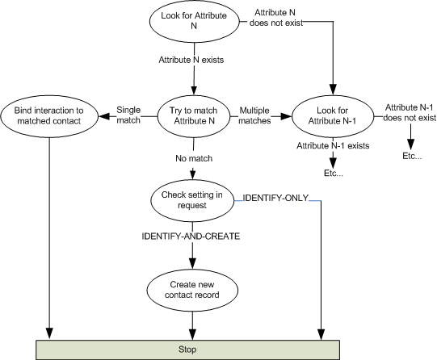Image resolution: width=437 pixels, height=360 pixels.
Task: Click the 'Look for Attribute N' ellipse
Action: tap(194, 21)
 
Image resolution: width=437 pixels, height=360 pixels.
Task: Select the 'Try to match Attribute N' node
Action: tap(194, 116)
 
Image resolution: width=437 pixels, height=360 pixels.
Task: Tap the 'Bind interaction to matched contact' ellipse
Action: tap(49, 116)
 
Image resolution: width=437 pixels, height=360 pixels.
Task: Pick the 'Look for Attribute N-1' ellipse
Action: tap(332, 116)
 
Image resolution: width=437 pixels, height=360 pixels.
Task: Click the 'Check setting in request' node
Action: tap(192, 200)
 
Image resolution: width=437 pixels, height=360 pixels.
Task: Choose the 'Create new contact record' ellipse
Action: tap(192, 290)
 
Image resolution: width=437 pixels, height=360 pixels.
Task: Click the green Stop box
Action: tap(187, 350)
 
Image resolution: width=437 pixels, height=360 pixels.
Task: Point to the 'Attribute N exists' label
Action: tap(191, 60)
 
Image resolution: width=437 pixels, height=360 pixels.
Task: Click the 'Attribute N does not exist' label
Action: tap(275, 18)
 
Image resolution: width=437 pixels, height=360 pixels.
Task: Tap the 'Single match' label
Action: tap(128, 115)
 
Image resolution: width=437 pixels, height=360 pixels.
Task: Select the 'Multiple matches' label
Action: tap(254, 115)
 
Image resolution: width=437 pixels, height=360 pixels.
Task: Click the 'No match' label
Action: tap(194, 158)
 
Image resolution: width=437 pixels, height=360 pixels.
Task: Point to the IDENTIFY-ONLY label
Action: tap(275, 198)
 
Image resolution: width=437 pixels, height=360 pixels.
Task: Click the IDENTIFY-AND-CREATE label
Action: tap(191, 237)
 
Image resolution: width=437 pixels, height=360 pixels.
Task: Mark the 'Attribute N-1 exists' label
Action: tap(333, 145)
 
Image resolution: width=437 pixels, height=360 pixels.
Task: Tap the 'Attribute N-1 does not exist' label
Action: tap(409, 112)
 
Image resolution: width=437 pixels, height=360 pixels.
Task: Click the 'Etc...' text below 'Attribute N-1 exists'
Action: tap(334, 174)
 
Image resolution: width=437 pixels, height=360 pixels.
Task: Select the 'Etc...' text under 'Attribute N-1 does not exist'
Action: tap(412, 156)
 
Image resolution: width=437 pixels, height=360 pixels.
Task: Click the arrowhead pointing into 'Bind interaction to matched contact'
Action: tap(104, 116)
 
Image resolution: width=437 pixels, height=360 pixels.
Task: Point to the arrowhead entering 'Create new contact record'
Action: tap(192, 263)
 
